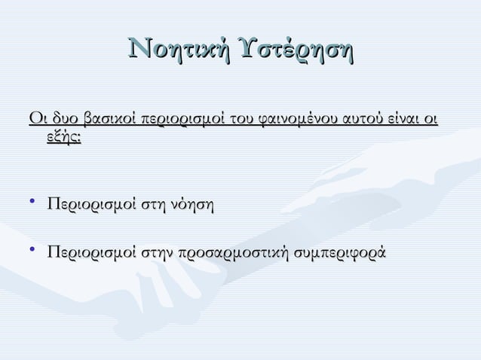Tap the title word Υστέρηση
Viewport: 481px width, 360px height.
[x=295, y=51]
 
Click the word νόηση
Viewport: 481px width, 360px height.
[x=193, y=205]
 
